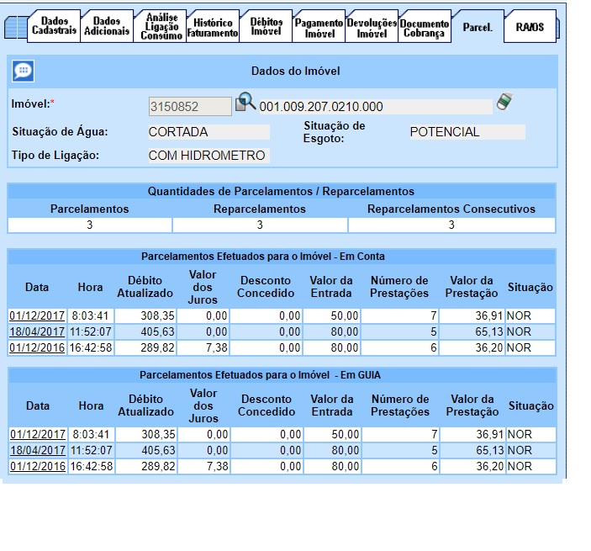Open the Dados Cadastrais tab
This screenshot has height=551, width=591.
pos(55,26)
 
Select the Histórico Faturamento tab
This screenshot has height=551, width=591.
pos(213,27)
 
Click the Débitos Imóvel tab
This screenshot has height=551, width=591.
pos(266,26)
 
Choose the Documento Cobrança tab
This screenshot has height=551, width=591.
pos(425,27)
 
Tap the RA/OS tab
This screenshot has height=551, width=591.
pos(530,27)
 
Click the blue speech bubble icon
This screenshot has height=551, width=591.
pos(24,71)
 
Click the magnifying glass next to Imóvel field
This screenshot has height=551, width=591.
pos(245,103)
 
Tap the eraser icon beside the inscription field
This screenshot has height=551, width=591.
pos(504,102)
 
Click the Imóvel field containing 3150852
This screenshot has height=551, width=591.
pos(189,106)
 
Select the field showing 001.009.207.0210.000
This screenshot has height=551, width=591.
pos(375,107)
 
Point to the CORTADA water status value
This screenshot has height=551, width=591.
pos(208,132)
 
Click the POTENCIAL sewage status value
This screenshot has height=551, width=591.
pos(467,132)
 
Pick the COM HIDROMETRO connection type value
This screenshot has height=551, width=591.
pos(208,156)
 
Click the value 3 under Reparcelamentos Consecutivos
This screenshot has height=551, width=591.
pos(451,225)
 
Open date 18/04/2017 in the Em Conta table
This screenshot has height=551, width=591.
pos(37,332)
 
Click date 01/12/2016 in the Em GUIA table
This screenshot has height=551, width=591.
pos(37,466)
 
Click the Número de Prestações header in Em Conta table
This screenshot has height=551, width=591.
pos(399,286)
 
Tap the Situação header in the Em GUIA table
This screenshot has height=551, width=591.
pos(530,405)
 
